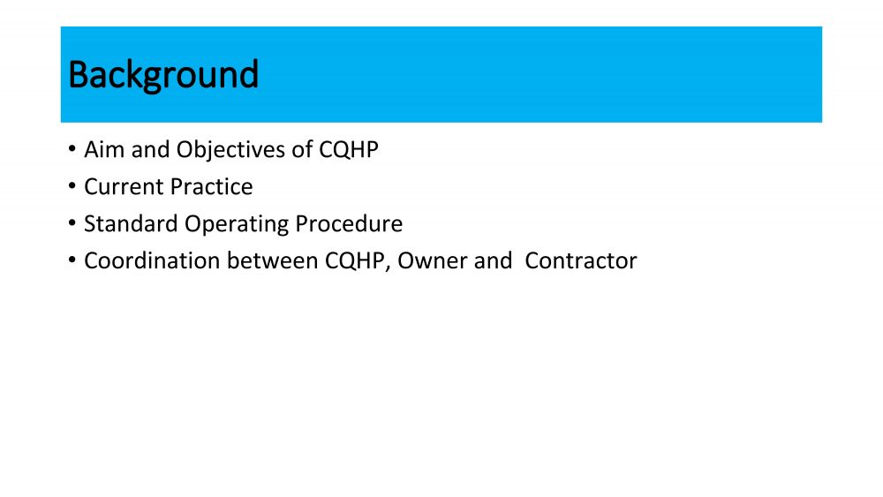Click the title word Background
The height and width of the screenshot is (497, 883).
point(163,75)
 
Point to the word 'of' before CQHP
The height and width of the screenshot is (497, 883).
point(302,150)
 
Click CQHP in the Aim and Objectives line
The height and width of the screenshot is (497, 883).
point(349,150)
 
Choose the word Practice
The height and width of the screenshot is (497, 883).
point(211,187)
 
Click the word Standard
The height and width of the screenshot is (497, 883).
point(132,224)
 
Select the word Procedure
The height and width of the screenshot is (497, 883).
point(349,224)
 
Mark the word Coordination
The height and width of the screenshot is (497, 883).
point(152,261)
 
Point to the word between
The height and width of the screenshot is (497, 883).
point(273,261)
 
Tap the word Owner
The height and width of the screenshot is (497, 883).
point(433,261)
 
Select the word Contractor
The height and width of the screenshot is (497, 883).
point(581,261)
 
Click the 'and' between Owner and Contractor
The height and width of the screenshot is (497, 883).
point(493,261)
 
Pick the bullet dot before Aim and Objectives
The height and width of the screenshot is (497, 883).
point(72,149)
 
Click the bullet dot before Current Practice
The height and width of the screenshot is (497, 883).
point(72,186)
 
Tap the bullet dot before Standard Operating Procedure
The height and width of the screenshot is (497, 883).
point(72,223)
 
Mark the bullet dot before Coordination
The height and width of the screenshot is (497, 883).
point(72,260)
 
